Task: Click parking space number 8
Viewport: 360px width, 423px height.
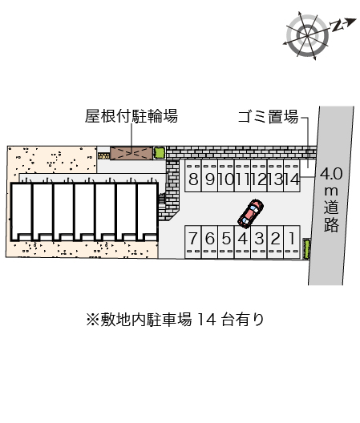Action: click(193, 176)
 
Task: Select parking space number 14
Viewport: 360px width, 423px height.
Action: click(292, 176)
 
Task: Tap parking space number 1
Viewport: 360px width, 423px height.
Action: click(292, 242)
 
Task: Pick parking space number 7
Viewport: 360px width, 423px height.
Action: click(192, 242)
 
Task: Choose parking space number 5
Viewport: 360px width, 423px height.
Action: click(226, 242)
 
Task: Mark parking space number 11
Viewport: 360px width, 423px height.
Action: click(242, 176)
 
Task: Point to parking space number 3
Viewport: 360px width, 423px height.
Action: click(259, 242)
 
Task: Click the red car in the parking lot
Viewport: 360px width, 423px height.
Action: click(251, 212)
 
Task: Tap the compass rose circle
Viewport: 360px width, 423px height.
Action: click(308, 35)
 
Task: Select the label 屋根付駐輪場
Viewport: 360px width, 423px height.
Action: click(131, 116)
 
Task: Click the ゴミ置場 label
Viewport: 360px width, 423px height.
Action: click(268, 117)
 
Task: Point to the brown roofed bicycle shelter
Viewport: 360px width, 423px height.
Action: click(131, 153)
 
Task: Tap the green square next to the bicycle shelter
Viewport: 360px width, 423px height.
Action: click(160, 153)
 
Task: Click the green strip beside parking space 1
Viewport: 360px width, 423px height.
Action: click(306, 248)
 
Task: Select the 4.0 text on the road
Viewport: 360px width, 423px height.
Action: click(331, 174)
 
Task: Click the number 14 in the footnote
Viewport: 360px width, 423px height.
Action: click(207, 320)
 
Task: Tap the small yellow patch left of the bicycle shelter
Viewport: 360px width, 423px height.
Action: click(103, 155)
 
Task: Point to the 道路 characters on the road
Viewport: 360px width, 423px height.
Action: click(331, 216)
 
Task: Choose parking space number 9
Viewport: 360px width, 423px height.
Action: click(209, 176)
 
